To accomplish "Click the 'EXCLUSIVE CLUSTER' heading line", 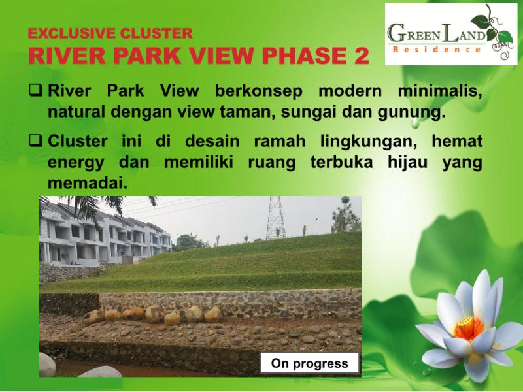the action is click(110, 33).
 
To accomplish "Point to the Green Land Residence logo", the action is click(451, 34).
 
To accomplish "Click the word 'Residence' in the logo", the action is click(437, 50).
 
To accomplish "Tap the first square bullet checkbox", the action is click(35, 90).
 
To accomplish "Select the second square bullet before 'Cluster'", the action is click(35, 140).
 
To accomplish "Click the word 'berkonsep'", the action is click(258, 91).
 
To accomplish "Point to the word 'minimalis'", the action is click(439, 91).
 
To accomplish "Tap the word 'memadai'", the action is click(88, 183).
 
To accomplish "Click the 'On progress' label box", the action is click(309, 363).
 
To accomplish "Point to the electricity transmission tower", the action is click(275, 218).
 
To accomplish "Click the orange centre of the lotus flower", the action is click(469, 329).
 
